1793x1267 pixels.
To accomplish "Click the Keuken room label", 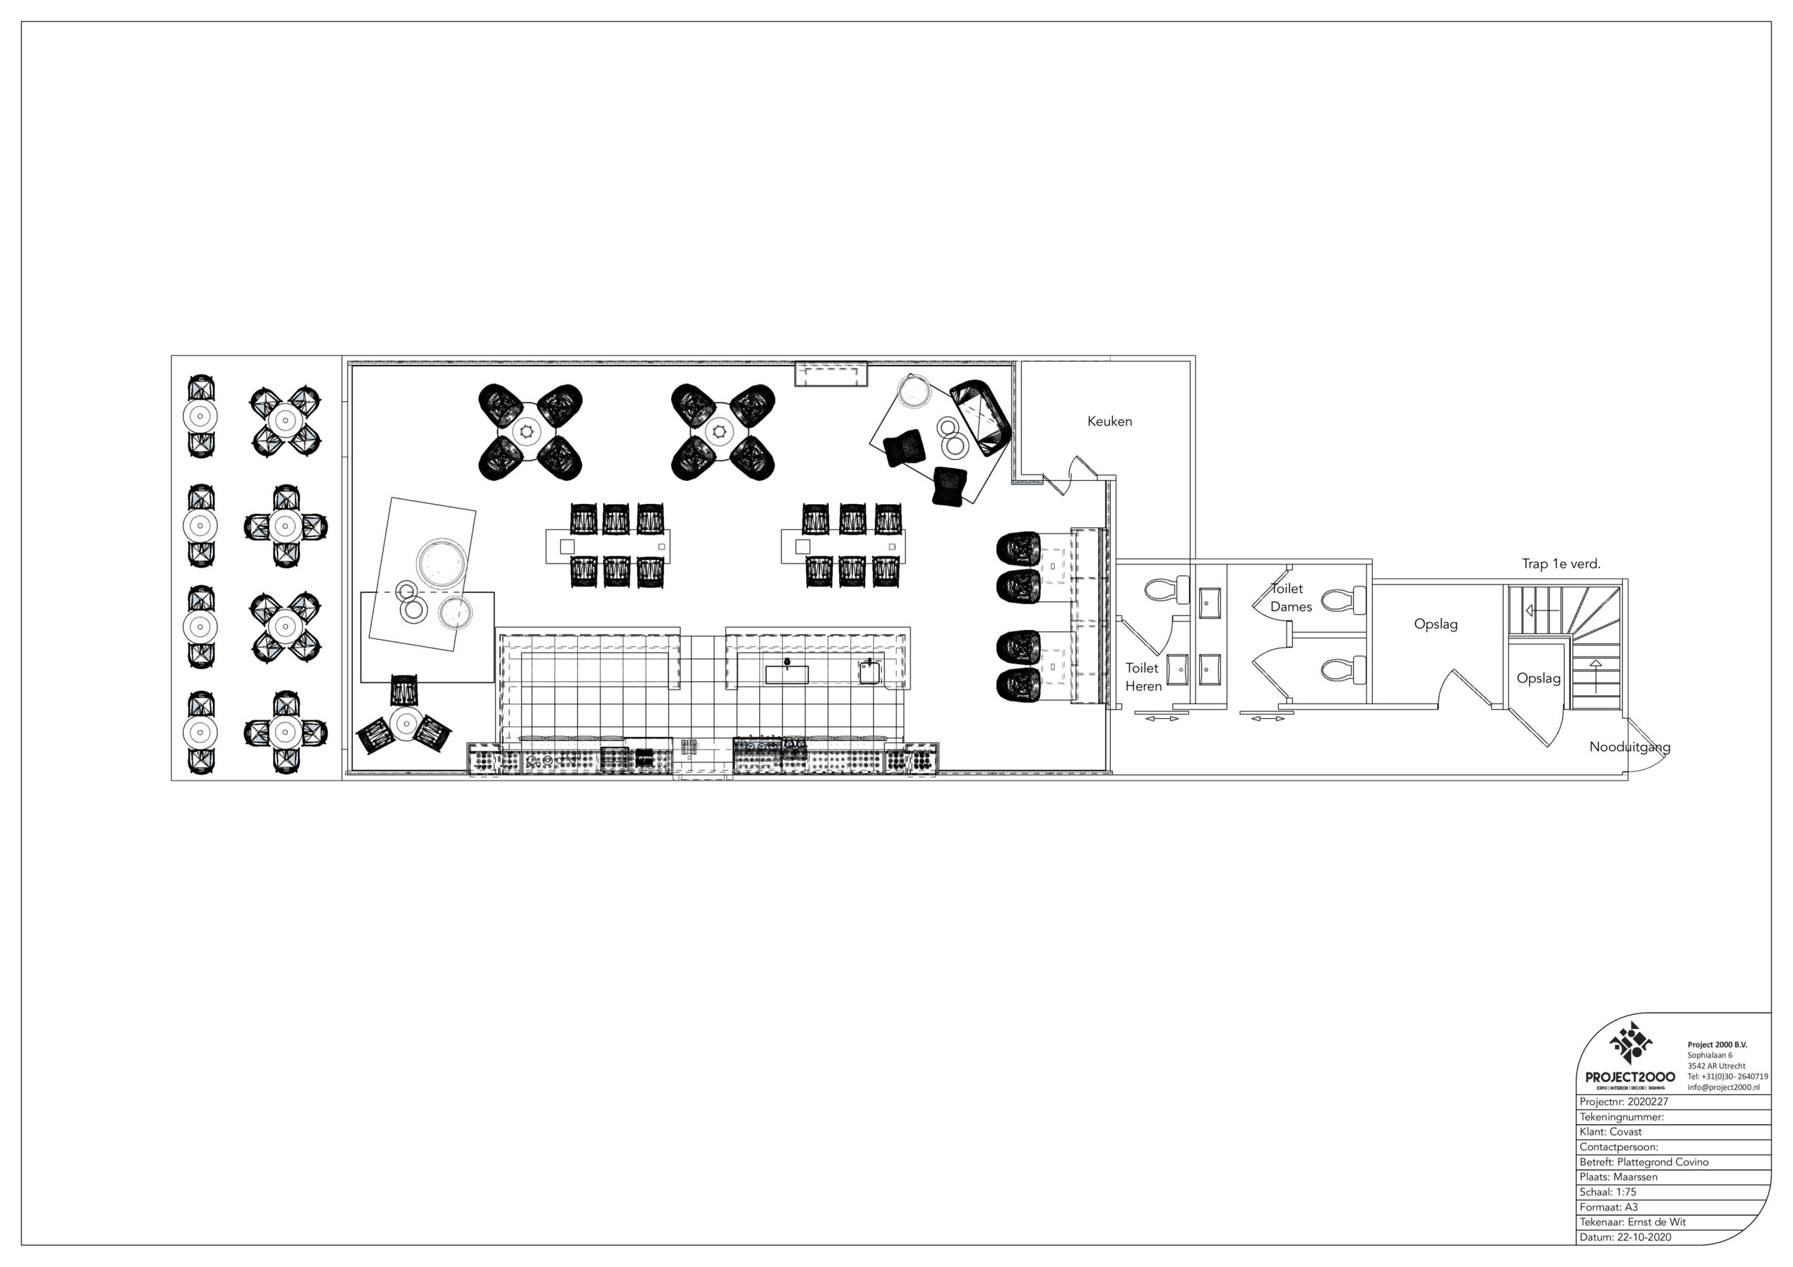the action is (1109, 421).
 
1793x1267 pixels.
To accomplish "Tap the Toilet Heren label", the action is (1143, 677).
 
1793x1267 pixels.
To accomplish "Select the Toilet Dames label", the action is (1291, 597).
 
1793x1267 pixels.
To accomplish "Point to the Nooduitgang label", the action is (1630, 747).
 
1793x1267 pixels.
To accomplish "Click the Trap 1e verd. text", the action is (1561, 563).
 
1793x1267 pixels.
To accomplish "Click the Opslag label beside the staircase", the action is (1539, 678).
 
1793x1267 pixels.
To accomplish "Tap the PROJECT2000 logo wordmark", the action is (1630, 1077).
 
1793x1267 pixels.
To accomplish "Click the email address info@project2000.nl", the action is (1724, 1087).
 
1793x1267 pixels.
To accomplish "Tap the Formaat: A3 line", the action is (1609, 1207).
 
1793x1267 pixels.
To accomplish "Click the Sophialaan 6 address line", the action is (1710, 1056).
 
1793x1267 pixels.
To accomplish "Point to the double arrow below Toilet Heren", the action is (1163, 719).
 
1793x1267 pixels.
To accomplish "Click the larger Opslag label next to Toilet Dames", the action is (1435, 624).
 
